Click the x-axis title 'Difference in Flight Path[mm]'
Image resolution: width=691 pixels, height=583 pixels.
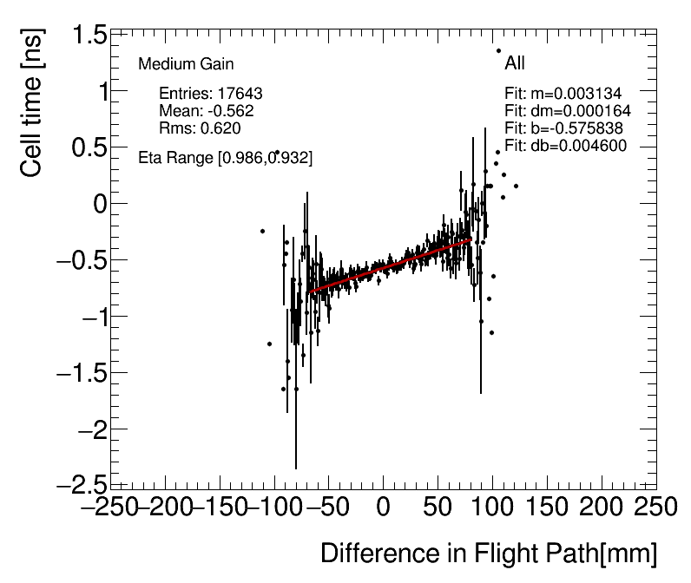point(488,554)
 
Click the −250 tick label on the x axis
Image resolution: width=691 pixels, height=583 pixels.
point(111,507)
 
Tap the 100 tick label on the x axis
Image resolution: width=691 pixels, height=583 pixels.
point(493,507)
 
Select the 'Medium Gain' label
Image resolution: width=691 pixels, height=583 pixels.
point(186,64)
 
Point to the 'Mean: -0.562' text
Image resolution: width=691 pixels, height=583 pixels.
point(207,111)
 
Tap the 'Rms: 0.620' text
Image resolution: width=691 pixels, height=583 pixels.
point(200,128)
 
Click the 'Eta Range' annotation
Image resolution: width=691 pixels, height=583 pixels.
point(226,158)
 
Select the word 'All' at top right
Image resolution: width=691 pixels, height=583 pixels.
point(515,63)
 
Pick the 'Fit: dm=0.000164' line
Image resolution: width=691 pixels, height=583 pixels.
point(567,111)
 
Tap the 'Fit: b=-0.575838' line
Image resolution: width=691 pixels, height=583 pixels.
point(564,128)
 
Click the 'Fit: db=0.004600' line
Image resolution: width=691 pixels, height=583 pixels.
point(565,146)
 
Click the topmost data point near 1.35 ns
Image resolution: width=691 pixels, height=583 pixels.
point(499,50)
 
